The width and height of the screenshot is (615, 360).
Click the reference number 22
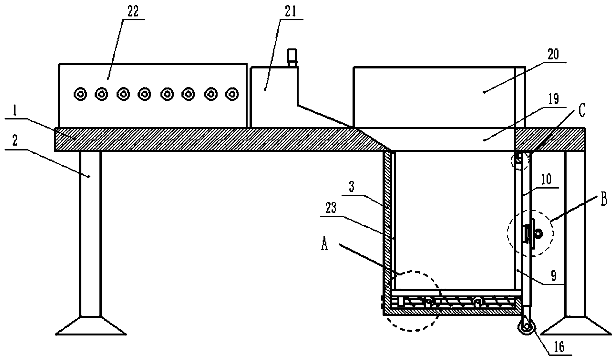(133, 12)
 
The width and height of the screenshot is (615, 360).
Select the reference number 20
(553, 55)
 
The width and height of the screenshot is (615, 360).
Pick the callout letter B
(603, 200)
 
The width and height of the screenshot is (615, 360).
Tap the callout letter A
(325, 245)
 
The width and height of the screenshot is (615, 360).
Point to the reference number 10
(546, 179)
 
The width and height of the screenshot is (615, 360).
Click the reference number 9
(553, 277)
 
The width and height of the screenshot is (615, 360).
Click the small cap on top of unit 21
(292, 56)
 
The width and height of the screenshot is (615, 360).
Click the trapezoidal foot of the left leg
(90, 325)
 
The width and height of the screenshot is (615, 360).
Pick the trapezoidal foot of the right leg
(575, 325)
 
